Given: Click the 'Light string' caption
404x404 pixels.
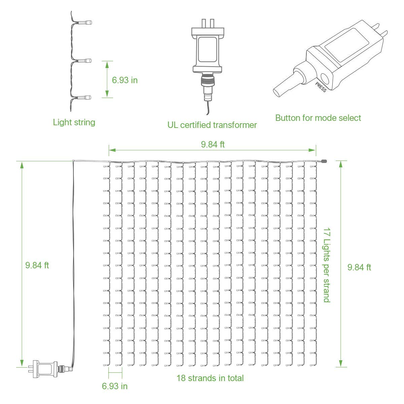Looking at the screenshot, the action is coord(74,122).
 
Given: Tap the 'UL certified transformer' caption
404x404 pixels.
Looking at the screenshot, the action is coord(212,125).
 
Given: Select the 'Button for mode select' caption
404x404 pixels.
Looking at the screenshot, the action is coord(318,118).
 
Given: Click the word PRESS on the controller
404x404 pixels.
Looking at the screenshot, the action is coord(321,87).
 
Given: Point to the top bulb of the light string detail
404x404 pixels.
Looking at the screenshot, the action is coord(85,23).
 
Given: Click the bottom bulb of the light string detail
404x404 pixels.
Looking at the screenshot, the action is coord(85,98).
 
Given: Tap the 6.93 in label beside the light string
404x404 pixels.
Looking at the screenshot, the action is coord(125,80).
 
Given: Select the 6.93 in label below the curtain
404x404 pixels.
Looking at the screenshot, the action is coord(115,386).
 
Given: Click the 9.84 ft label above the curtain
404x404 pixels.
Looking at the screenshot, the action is coord(212,144).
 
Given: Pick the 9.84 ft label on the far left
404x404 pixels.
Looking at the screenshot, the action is coord(37,265).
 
